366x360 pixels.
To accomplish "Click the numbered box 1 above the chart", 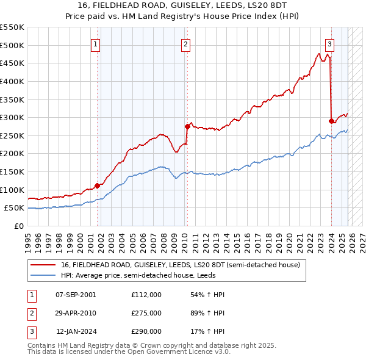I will (x=96, y=43).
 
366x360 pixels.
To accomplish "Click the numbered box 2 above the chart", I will (x=185, y=43).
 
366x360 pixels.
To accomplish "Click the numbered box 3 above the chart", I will (x=329, y=43).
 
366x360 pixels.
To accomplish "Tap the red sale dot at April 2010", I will (x=187, y=126).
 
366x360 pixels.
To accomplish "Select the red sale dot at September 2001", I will (x=97, y=185).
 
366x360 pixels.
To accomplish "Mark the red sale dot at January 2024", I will (x=331, y=121).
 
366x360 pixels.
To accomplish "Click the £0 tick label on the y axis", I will (x=19, y=226).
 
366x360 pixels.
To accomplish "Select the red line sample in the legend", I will (x=43, y=265).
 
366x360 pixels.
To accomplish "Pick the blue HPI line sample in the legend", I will (x=43, y=276).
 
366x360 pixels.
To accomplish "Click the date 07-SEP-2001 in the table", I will (x=76, y=295).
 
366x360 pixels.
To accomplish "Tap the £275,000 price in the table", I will (x=146, y=313).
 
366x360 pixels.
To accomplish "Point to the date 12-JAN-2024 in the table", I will (x=76, y=331).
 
